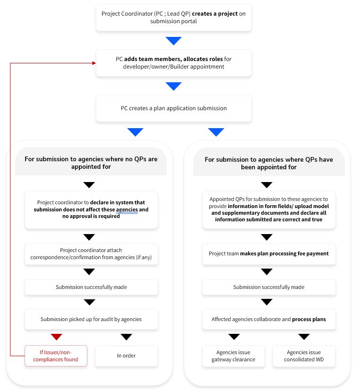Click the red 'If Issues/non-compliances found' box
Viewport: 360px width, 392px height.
(56, 356)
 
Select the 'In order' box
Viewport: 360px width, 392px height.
(126, 356)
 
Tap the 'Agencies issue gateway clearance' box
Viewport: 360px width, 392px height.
(234, 356)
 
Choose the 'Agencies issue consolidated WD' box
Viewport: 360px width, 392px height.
(304, 356)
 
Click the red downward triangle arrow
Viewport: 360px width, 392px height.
(56, 337)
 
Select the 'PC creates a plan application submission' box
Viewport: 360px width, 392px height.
(173, 108)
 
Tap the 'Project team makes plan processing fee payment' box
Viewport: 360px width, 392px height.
(269, 253)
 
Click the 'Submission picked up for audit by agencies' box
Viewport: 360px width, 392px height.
(91, 319)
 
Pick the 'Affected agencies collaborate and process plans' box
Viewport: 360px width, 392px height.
(269, 319)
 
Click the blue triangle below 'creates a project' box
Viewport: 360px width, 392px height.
(173, 41)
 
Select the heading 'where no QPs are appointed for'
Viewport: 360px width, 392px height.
(91, 163)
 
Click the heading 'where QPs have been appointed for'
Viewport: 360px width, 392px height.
(269, 163)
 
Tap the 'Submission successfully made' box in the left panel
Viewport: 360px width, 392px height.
(91, 287)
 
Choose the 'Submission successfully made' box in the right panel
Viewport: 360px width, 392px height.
(269, 287)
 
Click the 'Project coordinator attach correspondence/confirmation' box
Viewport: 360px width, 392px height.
(91, 253)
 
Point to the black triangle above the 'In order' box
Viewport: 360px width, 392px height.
(126, 337)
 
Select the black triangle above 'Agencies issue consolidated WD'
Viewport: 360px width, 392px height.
(304, 337)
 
